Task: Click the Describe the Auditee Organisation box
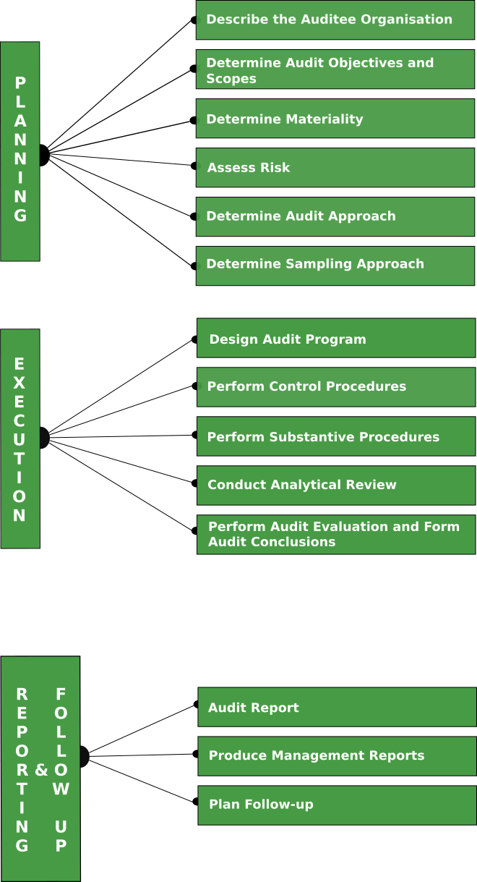335,20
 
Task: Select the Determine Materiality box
335,119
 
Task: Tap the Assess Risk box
335,167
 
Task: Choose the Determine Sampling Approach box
335,265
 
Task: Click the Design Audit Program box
336,338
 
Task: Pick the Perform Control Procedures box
336,387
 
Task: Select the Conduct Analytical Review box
336,485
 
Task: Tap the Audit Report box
337,707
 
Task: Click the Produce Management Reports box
337,756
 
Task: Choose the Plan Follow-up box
337,805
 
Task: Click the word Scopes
231,79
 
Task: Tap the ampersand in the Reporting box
41,770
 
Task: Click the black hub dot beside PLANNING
43,154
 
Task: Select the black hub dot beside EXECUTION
43,438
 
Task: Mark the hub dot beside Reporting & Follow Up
84,757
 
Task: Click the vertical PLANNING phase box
20,151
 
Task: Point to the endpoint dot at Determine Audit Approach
193,216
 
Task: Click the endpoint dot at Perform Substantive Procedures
194,436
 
